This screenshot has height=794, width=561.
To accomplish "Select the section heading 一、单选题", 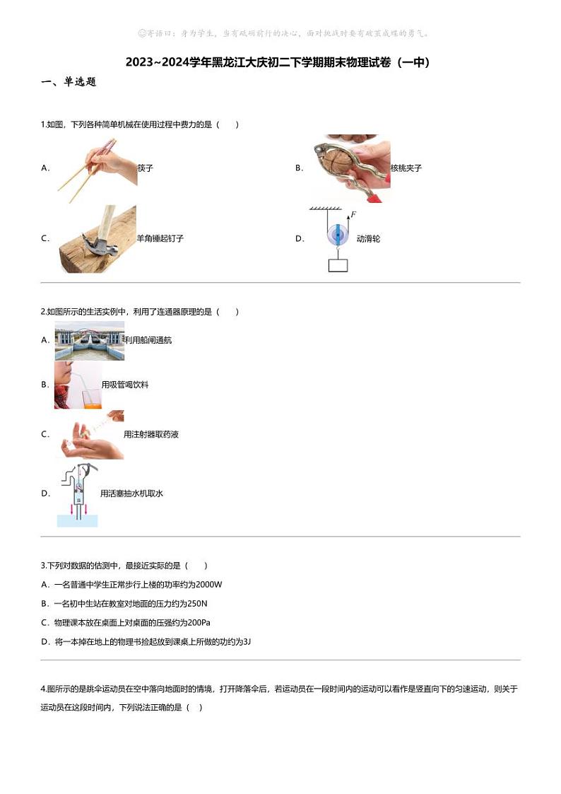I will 69,82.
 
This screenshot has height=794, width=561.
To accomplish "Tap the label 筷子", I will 146,168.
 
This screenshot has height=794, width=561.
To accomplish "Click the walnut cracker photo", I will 350,168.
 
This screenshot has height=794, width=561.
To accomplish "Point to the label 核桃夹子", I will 406,168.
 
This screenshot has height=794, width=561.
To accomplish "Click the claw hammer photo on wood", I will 97,239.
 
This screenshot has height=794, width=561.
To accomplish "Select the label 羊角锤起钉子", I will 160,239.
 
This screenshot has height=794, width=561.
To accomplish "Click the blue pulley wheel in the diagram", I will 338,235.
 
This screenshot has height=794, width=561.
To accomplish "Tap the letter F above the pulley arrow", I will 353,214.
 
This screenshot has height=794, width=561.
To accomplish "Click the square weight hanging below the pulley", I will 338,266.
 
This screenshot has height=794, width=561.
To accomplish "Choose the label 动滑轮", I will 368,239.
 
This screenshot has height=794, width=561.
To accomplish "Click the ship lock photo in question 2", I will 89,341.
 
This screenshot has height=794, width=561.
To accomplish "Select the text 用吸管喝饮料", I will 125,385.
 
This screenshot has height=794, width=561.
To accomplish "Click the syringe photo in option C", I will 92,434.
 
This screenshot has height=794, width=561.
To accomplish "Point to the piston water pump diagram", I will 78,494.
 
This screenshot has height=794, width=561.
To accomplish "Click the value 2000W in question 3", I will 208,585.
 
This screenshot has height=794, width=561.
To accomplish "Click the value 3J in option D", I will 247,642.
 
